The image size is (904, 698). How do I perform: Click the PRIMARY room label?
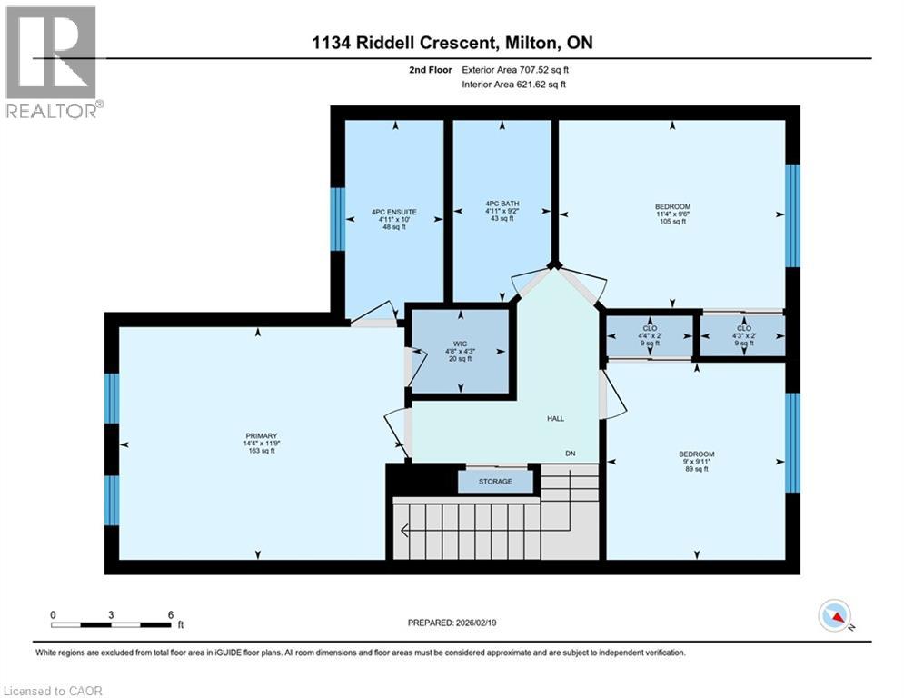(262, 436)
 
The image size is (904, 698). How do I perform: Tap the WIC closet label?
(460, 344)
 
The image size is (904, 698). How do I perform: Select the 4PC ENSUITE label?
(394, 212)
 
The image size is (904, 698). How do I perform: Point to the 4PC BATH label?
(502, 204)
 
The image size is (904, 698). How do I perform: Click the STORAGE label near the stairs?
(495, 481)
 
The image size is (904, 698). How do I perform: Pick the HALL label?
(556, 419)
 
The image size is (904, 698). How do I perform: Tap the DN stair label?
(571, 454)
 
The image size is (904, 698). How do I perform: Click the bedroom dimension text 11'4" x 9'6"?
(672, 214)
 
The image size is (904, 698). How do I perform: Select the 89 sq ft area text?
(697, 469)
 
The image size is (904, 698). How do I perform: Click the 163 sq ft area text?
(262, 451)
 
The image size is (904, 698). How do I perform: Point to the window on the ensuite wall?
(337, 219)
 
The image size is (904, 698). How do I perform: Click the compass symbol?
(835, 615)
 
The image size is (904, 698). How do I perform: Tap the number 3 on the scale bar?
(111, 615)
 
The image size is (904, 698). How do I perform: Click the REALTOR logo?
(52, 63)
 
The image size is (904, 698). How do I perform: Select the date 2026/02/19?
(476, 623)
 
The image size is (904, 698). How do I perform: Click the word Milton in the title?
(531, 43)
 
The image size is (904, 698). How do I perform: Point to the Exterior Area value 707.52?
(532, 70)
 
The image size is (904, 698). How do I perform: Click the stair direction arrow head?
(404, 530)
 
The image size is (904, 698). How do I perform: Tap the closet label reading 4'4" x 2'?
(650, 335)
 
